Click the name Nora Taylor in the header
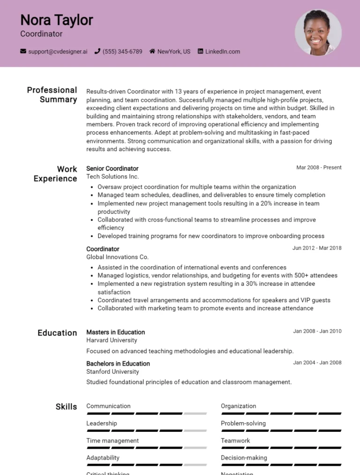click(56, 20)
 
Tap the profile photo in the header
click(318, 32)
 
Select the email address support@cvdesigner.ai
click(58, 52)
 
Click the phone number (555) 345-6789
click(122, 52)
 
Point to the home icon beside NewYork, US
click(152, 52)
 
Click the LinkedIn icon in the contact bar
click(201, 52)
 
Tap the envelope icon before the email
click(23, 52)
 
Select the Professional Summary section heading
click(52, 95)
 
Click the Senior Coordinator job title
click(112, 169)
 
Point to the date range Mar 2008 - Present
click(319, 168)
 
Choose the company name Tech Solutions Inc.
click(112, 177)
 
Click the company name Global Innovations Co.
click(117, 257)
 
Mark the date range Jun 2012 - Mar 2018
click(317, 248)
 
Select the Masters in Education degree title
click(115, 332)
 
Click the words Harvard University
click(112, 340)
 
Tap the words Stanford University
click(112, 371)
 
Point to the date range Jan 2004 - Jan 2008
click(317, 363)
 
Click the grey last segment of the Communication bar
click(195, 414)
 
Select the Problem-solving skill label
click(243, 423)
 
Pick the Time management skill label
click(112, 441)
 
